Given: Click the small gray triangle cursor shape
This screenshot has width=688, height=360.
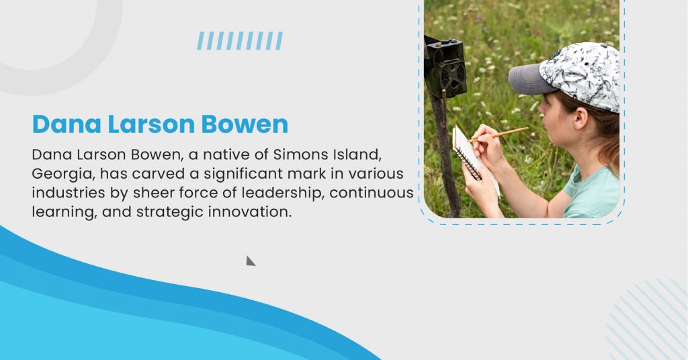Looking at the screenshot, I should pyautogui.click(x=249, y=261).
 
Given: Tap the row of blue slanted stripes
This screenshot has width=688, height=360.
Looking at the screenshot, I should pyautogui.click(x=240, y=41).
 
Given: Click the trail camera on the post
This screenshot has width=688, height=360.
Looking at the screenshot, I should pyautogui.click(x=445, y=66).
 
